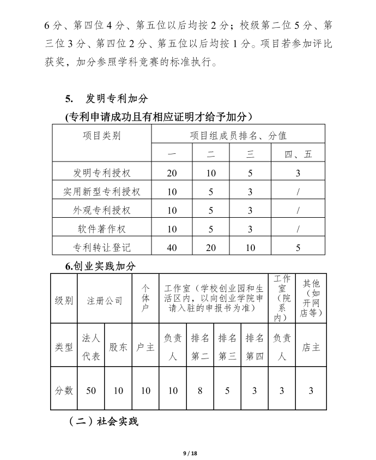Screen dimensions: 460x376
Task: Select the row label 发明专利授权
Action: (x=102, y=173)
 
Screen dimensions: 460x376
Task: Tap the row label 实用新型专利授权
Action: (x=102, y=192)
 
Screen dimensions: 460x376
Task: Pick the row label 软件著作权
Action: (x=102, y=229)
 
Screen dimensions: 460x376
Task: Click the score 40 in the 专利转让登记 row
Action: (x=172, y=247)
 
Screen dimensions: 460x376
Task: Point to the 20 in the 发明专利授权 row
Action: (x=172, y=173)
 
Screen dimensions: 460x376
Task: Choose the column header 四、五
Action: (x=298, y=154)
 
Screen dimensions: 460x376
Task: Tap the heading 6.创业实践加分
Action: (x=100, y=266)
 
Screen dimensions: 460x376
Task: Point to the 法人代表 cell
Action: (x=90, y=347)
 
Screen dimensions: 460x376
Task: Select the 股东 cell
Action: (x=118, y=347)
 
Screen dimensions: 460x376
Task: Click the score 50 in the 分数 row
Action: (x=90, y=391)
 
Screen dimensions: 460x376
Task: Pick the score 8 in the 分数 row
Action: (x=200, y=391)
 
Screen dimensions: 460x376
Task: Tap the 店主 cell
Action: (x=311, y=347)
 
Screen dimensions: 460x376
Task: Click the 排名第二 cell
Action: (x=200, y=347)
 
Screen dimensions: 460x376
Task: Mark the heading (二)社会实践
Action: (x=104, y=421)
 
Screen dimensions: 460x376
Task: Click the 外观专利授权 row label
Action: (x=102, y=210)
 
